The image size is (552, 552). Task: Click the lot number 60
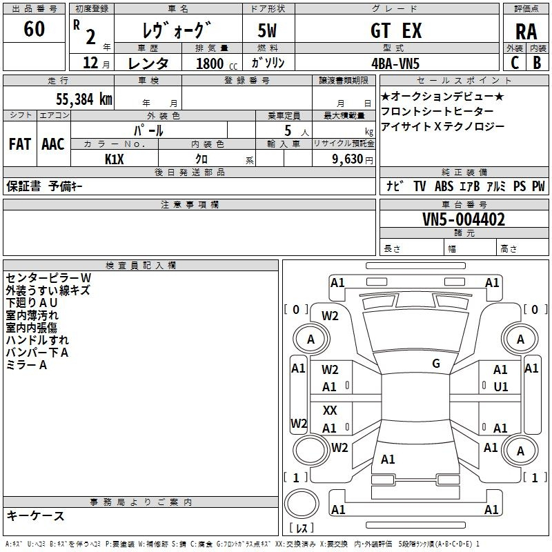[x=34, y=28]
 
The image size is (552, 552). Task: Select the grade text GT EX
[x=396, y=30]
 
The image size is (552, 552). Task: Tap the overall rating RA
[x=526, y=32]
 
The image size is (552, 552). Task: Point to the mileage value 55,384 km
[x=84, y=99]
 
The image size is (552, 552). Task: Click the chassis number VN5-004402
[x=464, y=219]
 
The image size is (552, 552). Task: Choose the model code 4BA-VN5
[x=395, y=63]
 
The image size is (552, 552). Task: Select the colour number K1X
[x=115, y=159]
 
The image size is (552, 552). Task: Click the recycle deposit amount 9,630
[x=348, y=159]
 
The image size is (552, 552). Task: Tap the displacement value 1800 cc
[x=217, y=63]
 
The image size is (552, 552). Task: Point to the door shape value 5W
[x=267, y=30]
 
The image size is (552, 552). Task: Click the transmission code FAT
[x=20, y=144]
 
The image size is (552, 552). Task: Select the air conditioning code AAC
[x=53, y=144]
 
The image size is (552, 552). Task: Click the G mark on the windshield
[x=436, y=363]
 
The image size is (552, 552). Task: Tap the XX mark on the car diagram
[x=330, y=410]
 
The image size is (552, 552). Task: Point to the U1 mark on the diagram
[x=501, y=387]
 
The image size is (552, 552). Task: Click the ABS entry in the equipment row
[x=444, y=186]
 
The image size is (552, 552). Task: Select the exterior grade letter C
[x=515, y=63]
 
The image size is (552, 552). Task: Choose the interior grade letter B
[x=537, y=63]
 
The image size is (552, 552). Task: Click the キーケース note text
[x=35, y=516]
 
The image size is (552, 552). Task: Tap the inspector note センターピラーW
[x=48, y=278]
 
